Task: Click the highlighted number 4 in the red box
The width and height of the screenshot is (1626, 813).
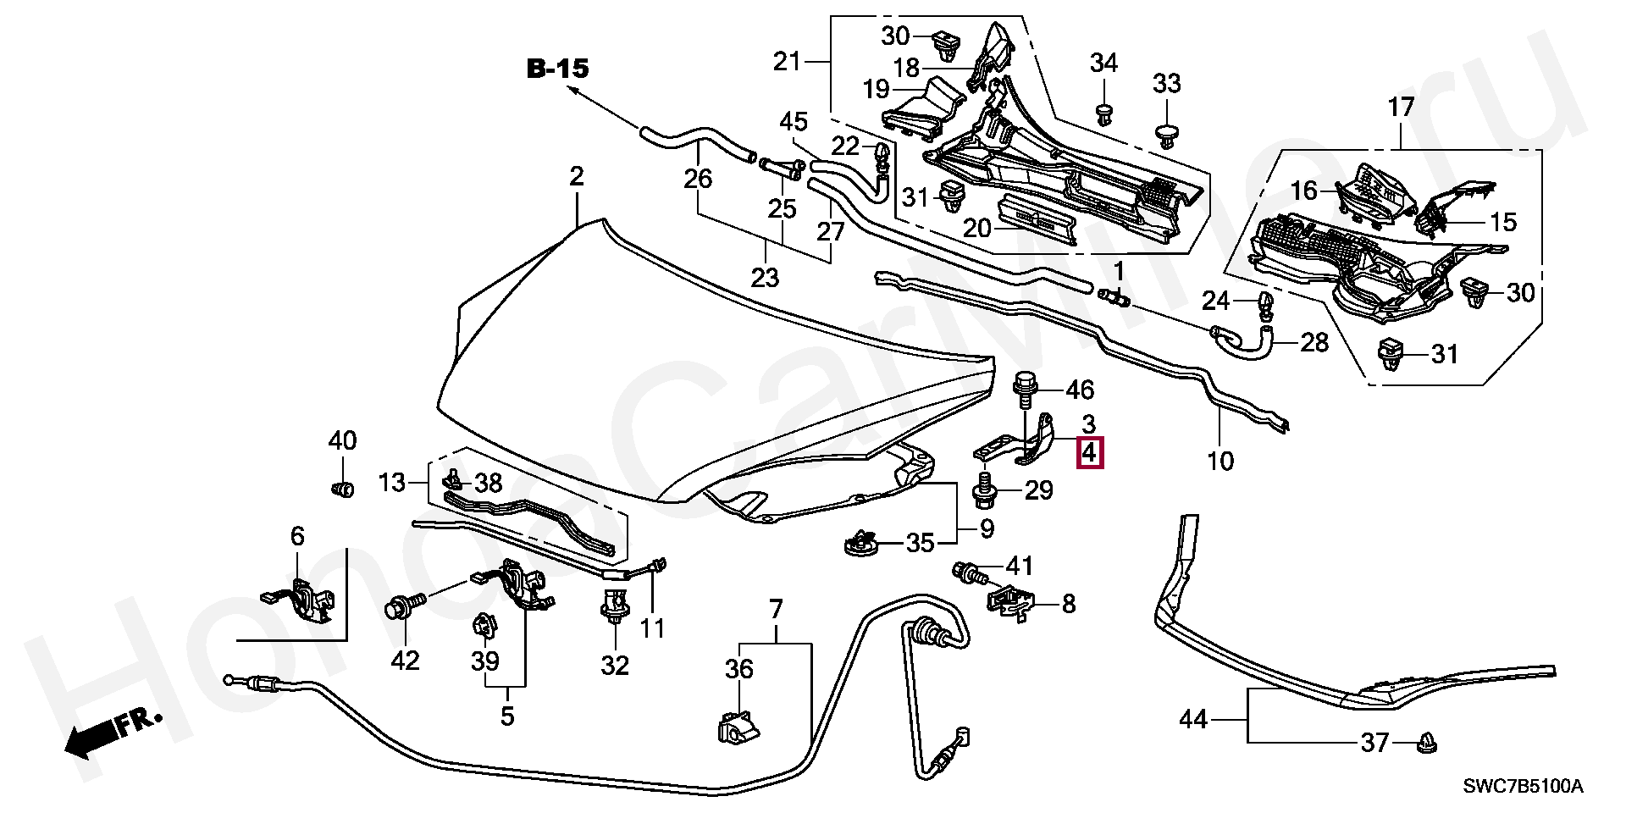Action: (1089, 453)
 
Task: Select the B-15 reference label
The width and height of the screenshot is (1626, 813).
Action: (556, 69)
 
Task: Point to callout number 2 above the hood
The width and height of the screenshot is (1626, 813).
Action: (576, 177)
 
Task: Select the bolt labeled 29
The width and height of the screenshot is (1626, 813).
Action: (985, 489)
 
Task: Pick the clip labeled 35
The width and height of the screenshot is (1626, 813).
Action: (861, 542)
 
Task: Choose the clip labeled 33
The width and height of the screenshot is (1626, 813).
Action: (1167, 135)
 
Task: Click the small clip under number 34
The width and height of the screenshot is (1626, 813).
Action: (1103, 113)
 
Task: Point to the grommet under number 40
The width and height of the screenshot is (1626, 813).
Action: (341, 489)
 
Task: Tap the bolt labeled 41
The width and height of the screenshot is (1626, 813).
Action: (969, 572)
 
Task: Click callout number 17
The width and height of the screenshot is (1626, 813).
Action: (1401, 108)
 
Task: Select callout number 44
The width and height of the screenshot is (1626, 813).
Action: (1193, 720)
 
